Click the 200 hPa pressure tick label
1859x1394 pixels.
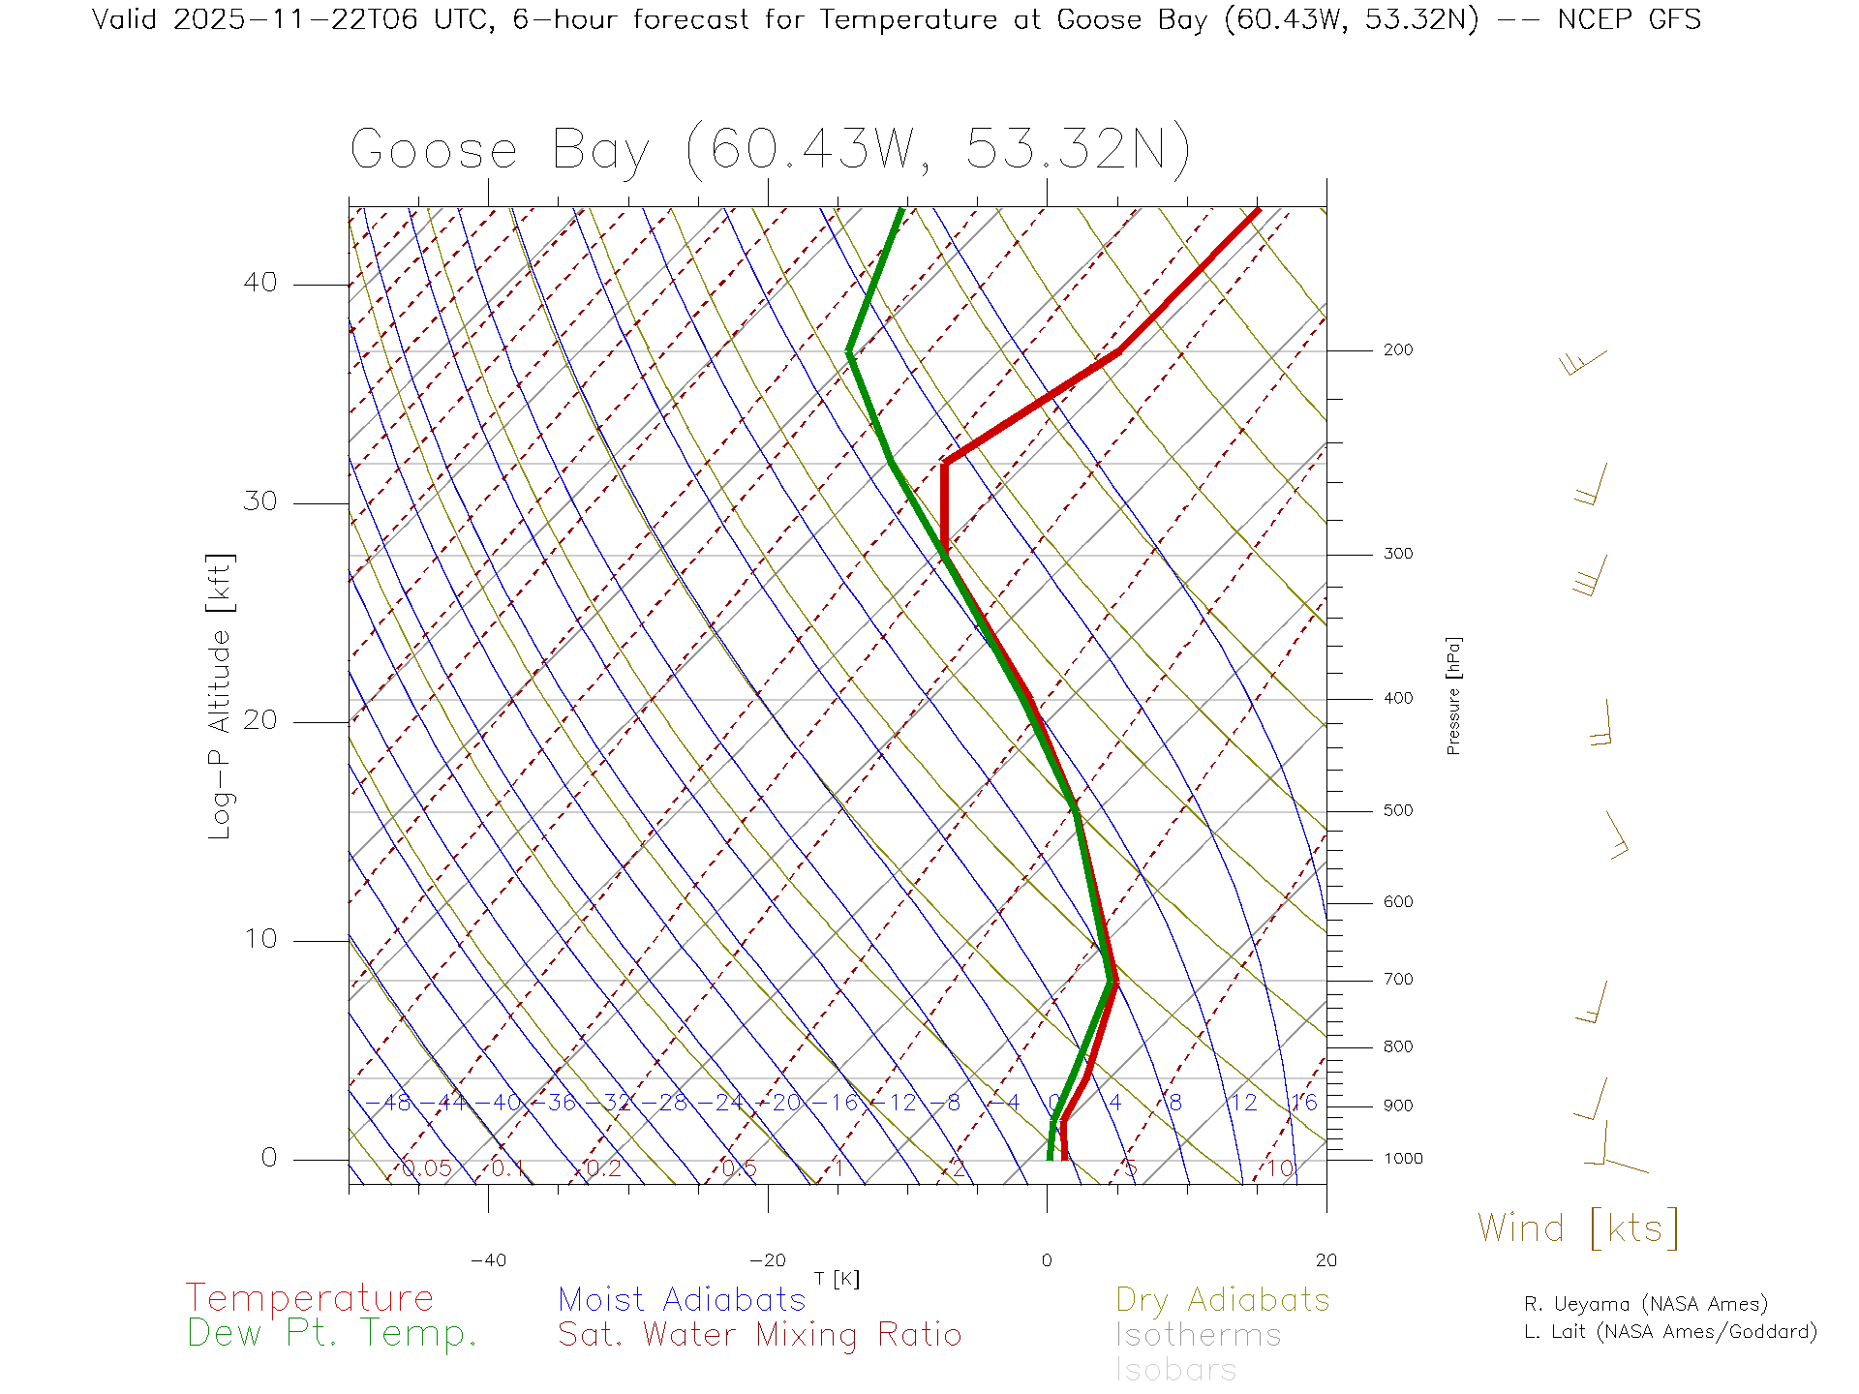pos(1397,350)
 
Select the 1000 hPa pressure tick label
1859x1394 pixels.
pos(1403,1159)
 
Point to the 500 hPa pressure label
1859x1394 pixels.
pos(1397,811)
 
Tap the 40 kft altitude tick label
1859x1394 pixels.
pos(259,283)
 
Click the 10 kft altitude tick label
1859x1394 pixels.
pos(259,939)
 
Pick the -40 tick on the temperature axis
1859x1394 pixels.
pos(488,1260)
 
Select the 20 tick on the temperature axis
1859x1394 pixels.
pos(1326,1260)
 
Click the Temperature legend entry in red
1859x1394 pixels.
pos(310,1298)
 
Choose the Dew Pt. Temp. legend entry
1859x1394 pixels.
pos(332,1334)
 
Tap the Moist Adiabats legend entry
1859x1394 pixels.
pos(682,1300)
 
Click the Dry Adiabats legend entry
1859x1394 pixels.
pos(1223,1300)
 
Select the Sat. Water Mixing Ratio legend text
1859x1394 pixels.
pos(759,1335)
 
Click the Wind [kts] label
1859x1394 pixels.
pos(1578,1228)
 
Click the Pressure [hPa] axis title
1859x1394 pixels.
pos(1453,695)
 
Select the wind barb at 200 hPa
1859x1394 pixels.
pos(1584,362)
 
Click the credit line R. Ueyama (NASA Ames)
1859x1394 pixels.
pos(1645,1304)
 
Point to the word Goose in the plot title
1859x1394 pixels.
pos(434,150)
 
